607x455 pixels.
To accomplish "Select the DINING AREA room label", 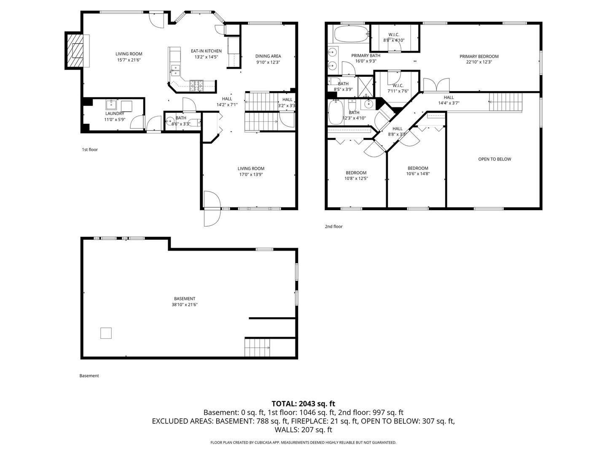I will [268, 56].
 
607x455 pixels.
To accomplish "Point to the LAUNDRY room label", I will [114, 114].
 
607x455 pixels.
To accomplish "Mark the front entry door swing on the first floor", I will [212, 209].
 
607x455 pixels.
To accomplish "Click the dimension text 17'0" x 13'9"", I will [251, 174].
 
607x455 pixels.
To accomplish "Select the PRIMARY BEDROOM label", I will [479, 56].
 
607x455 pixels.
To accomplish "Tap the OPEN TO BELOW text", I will [494, 159].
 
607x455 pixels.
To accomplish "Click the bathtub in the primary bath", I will [351, 34].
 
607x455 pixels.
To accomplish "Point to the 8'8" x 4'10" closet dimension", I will [394, 40].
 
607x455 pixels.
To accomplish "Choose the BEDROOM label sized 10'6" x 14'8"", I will [418, 168].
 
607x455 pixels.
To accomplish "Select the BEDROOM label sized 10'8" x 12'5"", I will [356, 173].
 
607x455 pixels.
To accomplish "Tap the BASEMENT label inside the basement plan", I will [183, 299].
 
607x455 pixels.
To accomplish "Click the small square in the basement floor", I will [106, 333].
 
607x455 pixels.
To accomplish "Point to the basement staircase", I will [257, 348].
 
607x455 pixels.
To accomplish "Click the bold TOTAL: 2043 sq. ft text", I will [303, 404].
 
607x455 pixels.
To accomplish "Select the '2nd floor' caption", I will [333, 227].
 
